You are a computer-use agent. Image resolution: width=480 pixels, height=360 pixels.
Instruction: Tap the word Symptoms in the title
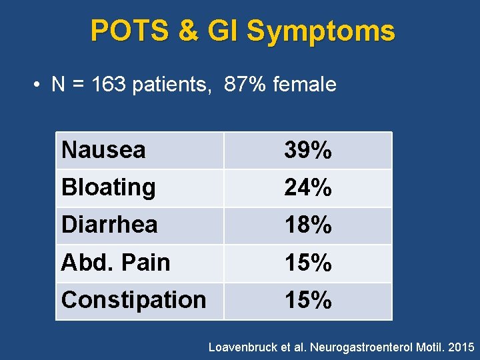[321, 31]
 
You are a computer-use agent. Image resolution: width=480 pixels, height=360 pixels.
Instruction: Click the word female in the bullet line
[304, 85]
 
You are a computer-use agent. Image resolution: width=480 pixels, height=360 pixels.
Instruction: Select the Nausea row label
[103, 150]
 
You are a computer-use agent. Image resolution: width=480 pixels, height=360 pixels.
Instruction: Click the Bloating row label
[108, 187]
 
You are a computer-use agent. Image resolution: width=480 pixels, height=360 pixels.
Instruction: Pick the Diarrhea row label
[109, 225]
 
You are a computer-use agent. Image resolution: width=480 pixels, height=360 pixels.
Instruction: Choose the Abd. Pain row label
[115, 262]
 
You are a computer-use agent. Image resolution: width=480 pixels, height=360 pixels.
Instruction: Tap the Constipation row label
[133, 300]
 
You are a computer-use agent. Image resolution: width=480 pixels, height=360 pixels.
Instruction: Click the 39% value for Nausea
[307, 151]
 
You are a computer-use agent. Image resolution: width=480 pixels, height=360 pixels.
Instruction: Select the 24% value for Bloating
[307, 188]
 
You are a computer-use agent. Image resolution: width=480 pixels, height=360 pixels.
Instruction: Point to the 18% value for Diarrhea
[307, 225]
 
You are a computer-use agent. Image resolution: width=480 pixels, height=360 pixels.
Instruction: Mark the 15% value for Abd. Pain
[307, 263]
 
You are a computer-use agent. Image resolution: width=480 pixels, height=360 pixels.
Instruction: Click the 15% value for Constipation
[307, 301]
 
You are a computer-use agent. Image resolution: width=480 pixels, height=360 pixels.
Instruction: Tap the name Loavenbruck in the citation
[241, 347]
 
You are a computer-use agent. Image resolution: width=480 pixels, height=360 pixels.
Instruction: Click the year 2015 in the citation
[462, 347]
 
